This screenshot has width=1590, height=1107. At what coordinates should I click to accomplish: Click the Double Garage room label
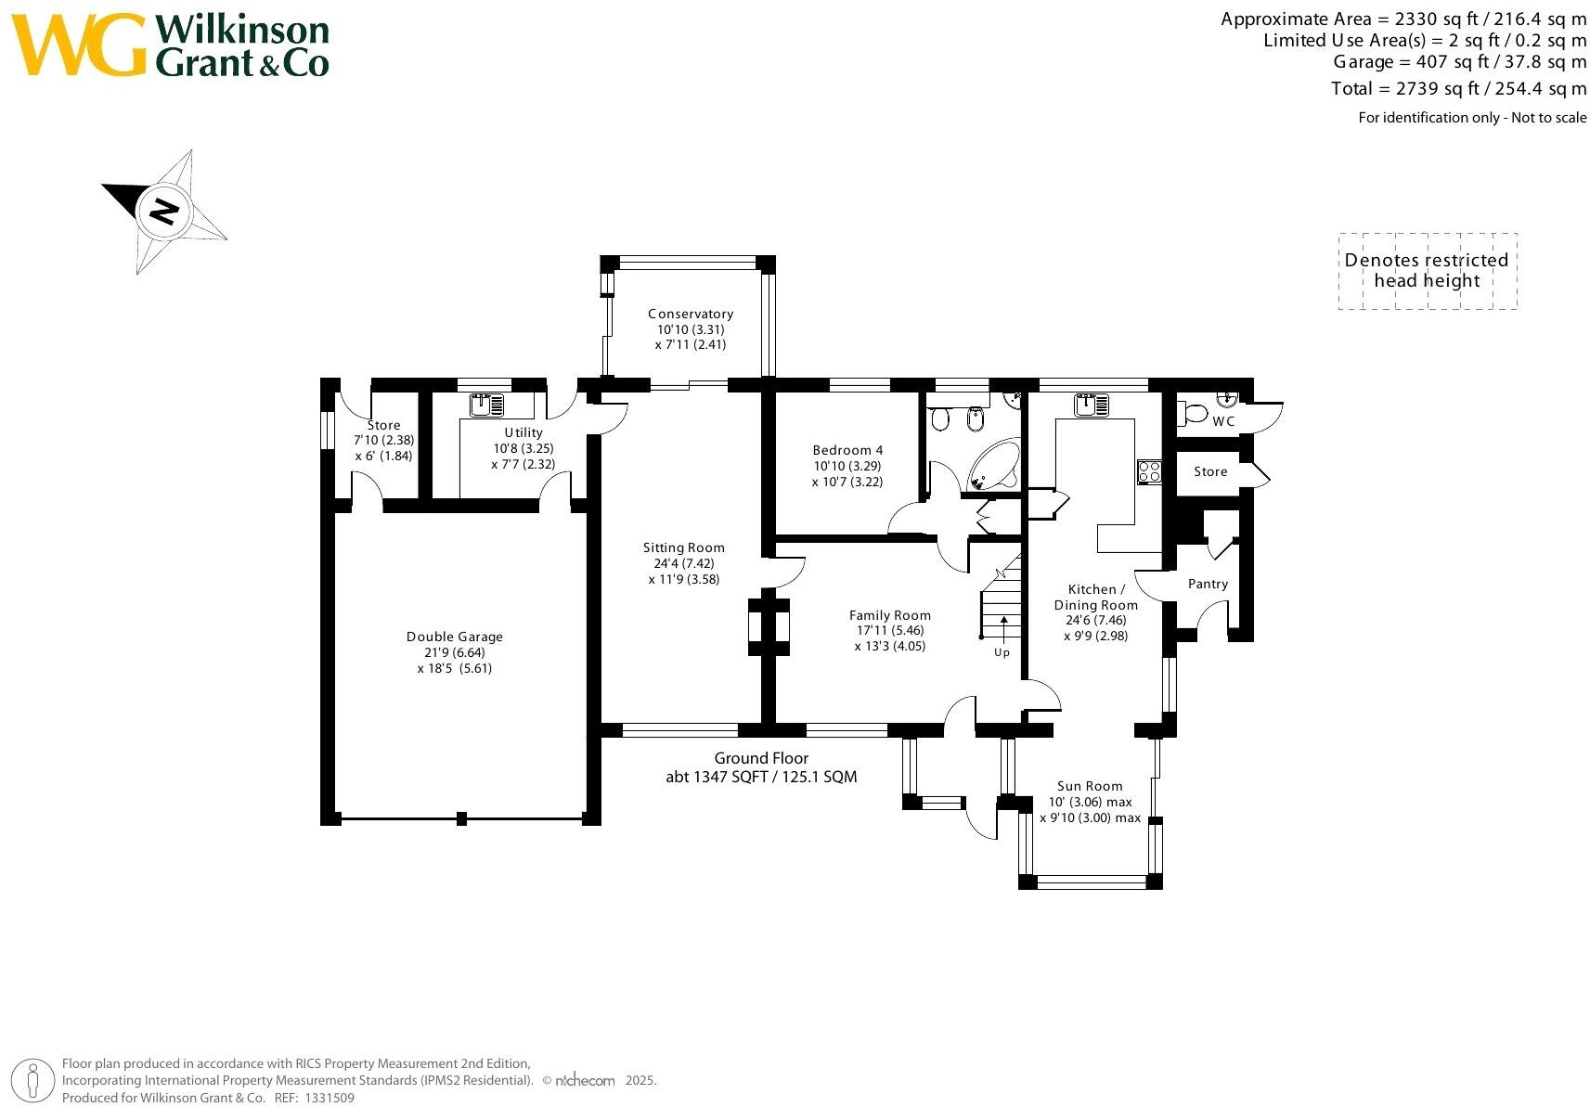point(455,637)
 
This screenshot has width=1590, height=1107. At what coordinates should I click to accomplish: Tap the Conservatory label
point(691,315)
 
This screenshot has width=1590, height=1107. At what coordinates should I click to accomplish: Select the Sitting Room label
point(684,548)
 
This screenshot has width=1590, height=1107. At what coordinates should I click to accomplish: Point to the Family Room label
point(890,615)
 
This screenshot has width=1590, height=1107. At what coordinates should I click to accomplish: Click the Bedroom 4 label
point(847,451)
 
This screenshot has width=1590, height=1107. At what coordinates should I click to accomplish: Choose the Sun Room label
point(1090,786)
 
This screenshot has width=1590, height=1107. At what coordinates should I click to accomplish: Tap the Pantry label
point(1208,584)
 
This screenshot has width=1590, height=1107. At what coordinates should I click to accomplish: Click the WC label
point(1223,421)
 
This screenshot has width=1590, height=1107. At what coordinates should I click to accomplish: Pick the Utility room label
point(524,432)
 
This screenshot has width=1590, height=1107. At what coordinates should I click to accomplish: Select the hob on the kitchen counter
point(1149,471)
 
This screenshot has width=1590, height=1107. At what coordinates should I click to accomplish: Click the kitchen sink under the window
point(1092,405)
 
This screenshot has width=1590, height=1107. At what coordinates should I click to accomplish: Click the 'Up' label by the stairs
point(1002,652)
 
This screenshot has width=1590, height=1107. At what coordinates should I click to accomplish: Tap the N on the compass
point(164,212)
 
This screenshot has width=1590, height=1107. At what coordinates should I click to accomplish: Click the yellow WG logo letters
point(78,45)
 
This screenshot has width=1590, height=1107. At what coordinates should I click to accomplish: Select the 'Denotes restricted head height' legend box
point(1427,271)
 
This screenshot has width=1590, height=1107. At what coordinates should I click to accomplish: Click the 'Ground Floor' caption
point(761,758)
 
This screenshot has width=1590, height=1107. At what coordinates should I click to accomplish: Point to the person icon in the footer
point(34,1081)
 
